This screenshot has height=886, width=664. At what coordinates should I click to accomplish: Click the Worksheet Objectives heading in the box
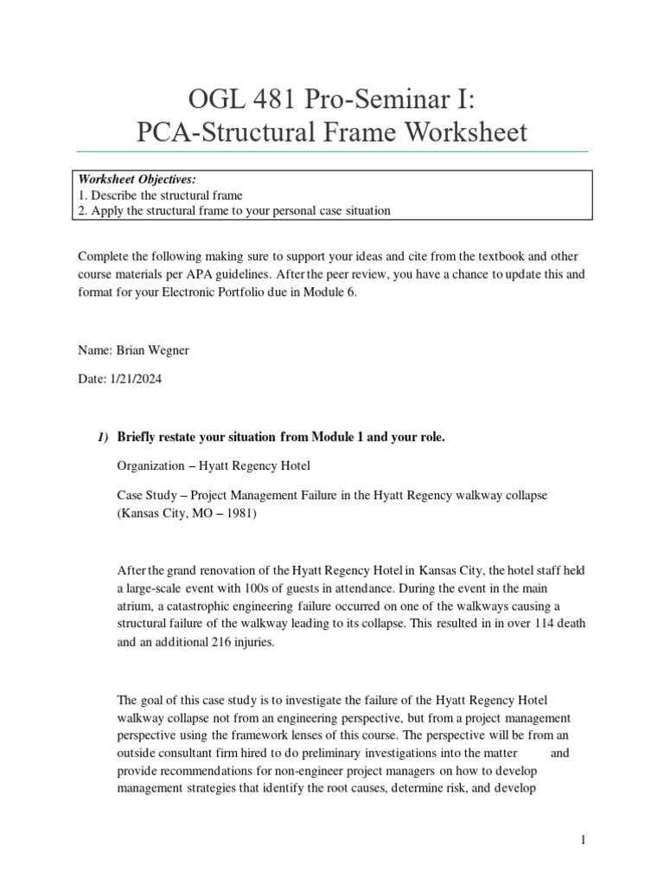137,179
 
